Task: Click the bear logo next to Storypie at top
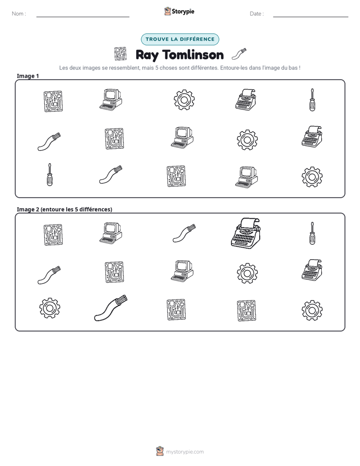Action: point(167,11)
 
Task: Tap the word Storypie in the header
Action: point(183,12)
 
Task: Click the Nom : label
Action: point(19,14)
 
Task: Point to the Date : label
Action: point(257,14)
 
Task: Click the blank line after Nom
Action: point(83,17)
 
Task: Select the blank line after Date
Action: point(311,17)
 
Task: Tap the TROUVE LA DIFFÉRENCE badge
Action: point(180,39)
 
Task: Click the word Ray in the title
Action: point(147,55)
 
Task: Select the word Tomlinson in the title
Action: point(193,54)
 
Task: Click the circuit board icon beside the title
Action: point(121,54)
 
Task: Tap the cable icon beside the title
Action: point(238,54)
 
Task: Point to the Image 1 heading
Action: point(28,76)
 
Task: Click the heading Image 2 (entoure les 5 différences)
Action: point(65,209)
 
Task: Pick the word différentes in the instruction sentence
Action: point(204,68)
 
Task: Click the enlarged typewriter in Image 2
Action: point(246,234)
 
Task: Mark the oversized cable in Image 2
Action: point(110,308)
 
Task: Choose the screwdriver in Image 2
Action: point(312,233)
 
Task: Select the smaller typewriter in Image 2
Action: point(312,270)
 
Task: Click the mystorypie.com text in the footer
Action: point(185,452)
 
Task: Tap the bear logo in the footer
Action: point(160,451)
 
